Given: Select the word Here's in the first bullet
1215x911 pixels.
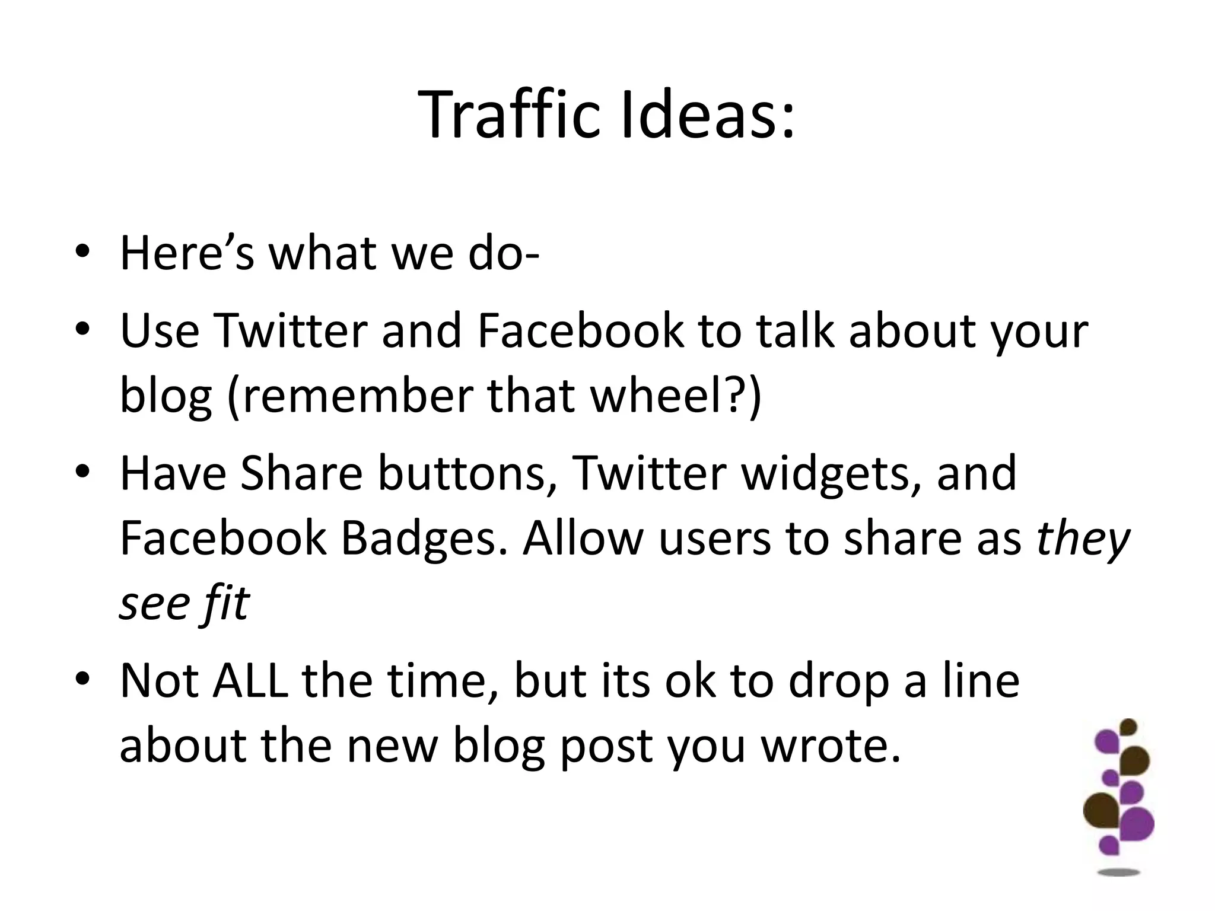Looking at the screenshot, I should point(187,253).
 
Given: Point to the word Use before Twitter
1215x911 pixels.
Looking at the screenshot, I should point(160,330).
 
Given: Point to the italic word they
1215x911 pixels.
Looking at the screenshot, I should point(1083,540).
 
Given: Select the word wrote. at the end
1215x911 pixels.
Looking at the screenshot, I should point(831,746).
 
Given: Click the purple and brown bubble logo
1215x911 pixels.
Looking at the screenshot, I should point(1119,795).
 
